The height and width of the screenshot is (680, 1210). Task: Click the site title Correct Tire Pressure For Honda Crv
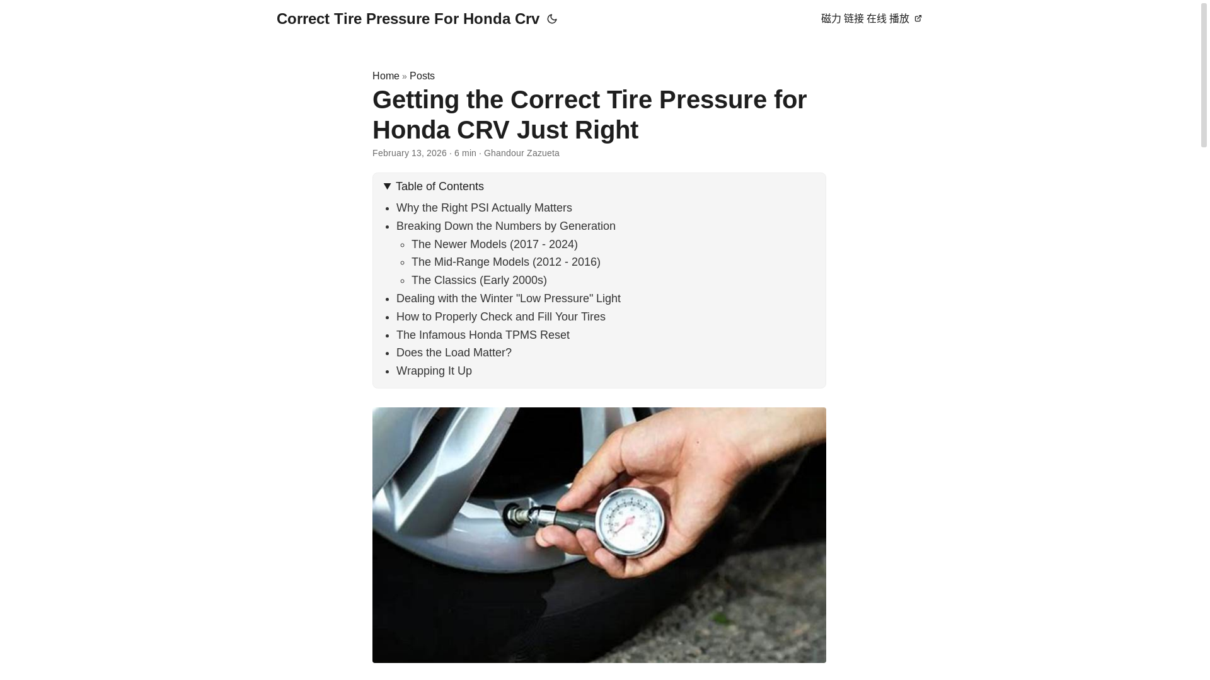[x=408, y=19]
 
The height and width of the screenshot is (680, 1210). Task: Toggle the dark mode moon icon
[x=552, y=20]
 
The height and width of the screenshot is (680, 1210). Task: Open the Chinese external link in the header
[x=871, y=19]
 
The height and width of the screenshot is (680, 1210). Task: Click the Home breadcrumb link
[x=386, y=76]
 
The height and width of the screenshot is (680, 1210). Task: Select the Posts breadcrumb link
[x=422, y=76]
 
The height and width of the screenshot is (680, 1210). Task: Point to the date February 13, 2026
[x=410, y=154]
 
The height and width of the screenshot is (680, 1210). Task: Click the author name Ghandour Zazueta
[x=521, y=154]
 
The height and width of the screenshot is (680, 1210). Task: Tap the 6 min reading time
[x=465, y=154]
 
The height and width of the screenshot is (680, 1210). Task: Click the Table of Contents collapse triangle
[x=388, y=186]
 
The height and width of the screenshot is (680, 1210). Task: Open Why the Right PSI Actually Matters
[x=484, y=208]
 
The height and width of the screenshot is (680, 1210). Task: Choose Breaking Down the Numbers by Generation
[x=505, y=226]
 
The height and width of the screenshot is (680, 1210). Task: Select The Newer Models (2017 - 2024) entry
[x=494, y=244]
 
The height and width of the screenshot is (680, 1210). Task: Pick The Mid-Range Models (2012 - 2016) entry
[x=505, y=262]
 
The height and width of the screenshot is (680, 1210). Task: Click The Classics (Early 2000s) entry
[x=479, y=280]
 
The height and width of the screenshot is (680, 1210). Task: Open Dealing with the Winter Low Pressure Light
[x=508, y=298]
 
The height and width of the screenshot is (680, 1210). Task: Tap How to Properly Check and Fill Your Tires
[x=500, y=317]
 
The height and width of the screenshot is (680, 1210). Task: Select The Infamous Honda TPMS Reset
[x=483, y=335]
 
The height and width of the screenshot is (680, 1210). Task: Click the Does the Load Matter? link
[x=454, y=353]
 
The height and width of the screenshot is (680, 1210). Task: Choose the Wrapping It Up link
[x=434, y=371]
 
